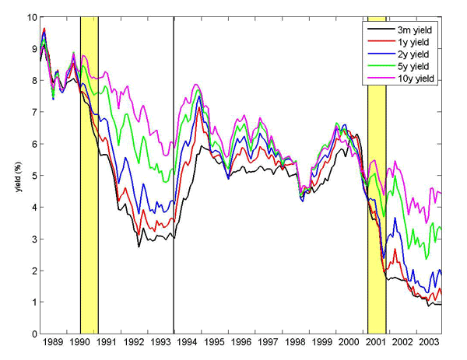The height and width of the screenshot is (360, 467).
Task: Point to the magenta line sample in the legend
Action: click(x=377, y=79)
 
